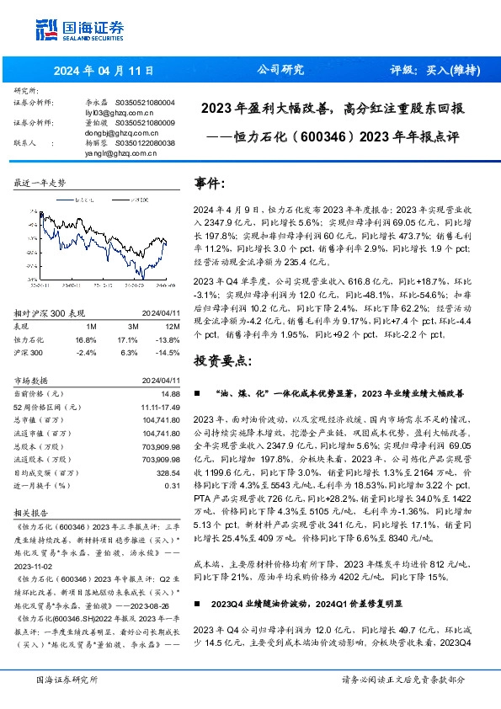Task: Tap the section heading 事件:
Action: click(x=211, y=183)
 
